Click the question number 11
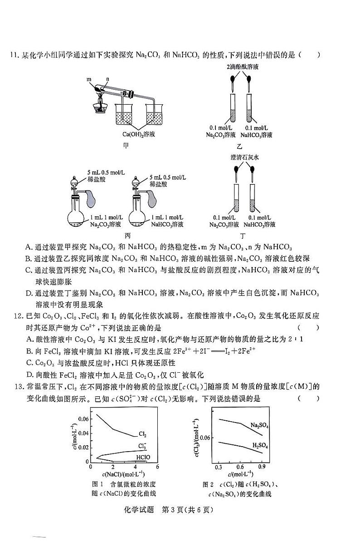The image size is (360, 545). click(10, 55)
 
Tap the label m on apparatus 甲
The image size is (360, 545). click(90, 79)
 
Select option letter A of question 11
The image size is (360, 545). click(29, 248)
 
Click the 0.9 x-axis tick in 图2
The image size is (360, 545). click(262, 467)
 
